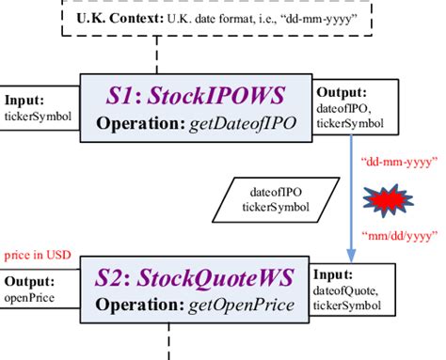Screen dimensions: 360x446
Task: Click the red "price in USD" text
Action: (36, 255)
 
